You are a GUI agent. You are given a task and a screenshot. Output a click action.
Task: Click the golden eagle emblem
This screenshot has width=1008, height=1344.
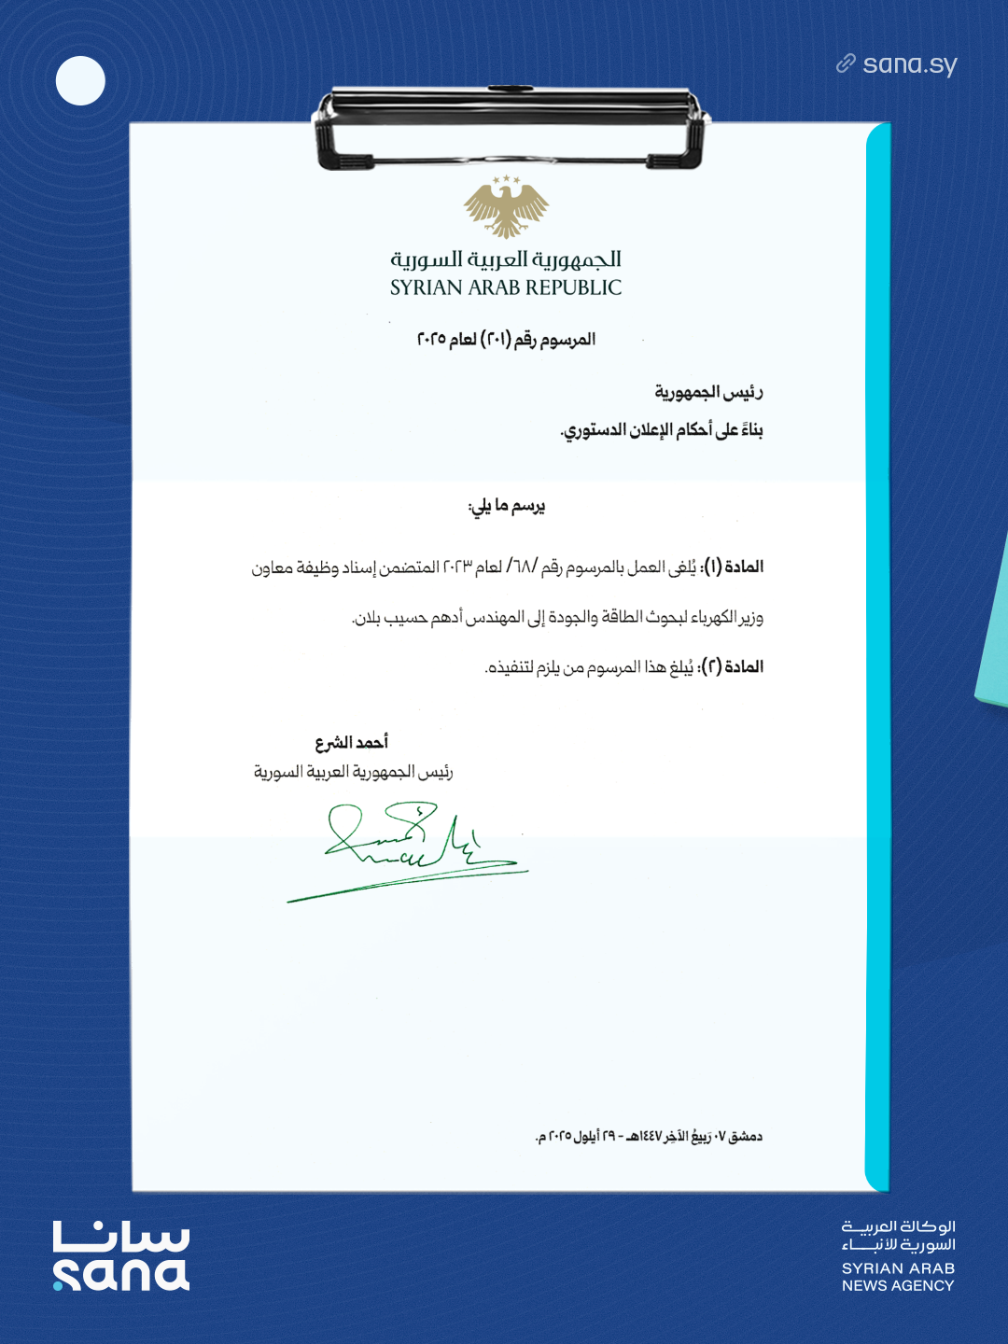506,207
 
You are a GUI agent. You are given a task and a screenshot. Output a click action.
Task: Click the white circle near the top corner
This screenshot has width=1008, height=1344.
80,80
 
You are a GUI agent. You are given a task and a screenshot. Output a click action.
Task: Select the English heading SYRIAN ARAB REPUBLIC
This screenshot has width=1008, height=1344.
506,287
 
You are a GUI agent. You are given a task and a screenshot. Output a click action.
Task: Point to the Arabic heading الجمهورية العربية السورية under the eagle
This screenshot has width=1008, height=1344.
506,259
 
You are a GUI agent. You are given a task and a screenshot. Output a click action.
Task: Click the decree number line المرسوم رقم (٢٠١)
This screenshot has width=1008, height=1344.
506,339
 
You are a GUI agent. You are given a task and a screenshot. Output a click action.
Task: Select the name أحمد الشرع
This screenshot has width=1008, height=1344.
351,742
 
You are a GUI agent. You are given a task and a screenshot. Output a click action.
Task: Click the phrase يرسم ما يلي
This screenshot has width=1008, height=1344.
506,506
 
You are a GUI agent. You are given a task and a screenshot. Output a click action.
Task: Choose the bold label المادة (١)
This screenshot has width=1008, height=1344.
734,567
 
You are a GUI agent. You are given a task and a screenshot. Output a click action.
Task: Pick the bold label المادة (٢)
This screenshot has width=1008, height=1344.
734,666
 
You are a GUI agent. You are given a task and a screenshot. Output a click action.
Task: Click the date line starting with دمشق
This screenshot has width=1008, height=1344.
649,1136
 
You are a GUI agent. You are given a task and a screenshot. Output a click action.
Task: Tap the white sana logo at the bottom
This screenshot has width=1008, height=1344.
121,1256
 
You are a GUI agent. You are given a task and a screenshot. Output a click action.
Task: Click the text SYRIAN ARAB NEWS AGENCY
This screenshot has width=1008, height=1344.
898,1277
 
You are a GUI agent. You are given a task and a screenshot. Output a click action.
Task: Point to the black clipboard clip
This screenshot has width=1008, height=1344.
510,126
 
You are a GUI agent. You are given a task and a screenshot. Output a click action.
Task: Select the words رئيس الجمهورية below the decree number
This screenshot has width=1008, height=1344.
708,392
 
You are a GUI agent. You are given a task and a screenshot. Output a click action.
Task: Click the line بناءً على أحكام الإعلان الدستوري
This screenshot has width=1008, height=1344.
662,429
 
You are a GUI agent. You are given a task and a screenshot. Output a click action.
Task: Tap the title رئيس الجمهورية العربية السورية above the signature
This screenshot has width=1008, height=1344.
354,772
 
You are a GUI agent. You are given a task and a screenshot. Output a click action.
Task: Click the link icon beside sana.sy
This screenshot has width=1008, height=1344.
846,63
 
